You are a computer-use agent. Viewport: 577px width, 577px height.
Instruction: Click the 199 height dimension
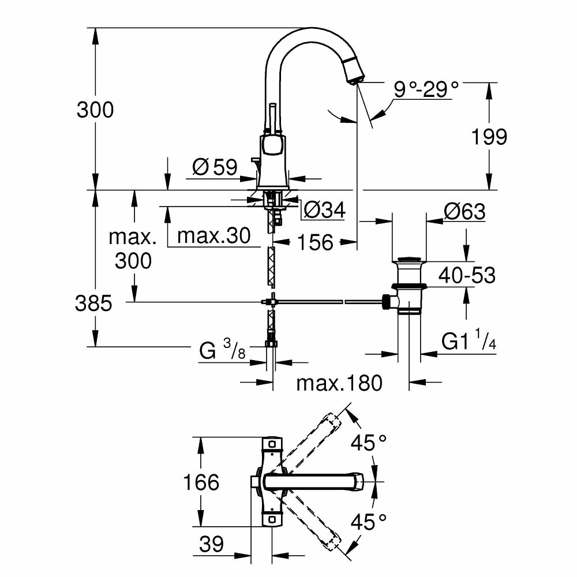[x=489, y=137]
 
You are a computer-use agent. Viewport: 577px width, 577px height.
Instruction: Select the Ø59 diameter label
[x=215, y=167]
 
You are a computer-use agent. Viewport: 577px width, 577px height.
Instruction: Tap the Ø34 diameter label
[x=324, y=209]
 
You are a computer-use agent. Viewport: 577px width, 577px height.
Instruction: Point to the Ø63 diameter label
[x=464, y=212]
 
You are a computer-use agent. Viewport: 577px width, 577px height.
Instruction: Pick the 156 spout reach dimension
[x=316, y=242]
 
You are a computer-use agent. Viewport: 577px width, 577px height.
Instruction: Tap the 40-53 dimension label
[x=467, y=275]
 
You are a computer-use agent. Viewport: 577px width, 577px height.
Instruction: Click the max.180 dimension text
[x=339, y=382]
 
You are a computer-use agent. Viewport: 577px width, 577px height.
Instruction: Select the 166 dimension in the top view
[x=200, y=482]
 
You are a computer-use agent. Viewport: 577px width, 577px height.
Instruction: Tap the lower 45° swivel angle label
[x=369, y=522]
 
